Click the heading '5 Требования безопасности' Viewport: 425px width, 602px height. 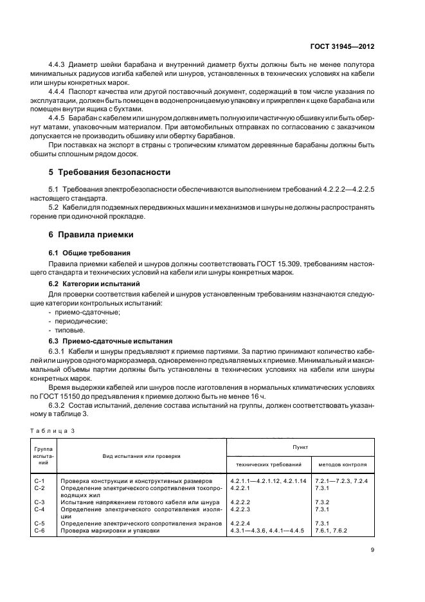point(110,172)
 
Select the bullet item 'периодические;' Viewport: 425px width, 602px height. point(79,320)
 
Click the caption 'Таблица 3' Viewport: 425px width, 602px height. point(48,430)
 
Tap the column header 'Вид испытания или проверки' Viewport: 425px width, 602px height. point(141,456)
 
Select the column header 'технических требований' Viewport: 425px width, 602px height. point(269,464)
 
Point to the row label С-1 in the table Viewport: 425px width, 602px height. point(39,481)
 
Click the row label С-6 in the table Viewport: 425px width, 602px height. point(39,530)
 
